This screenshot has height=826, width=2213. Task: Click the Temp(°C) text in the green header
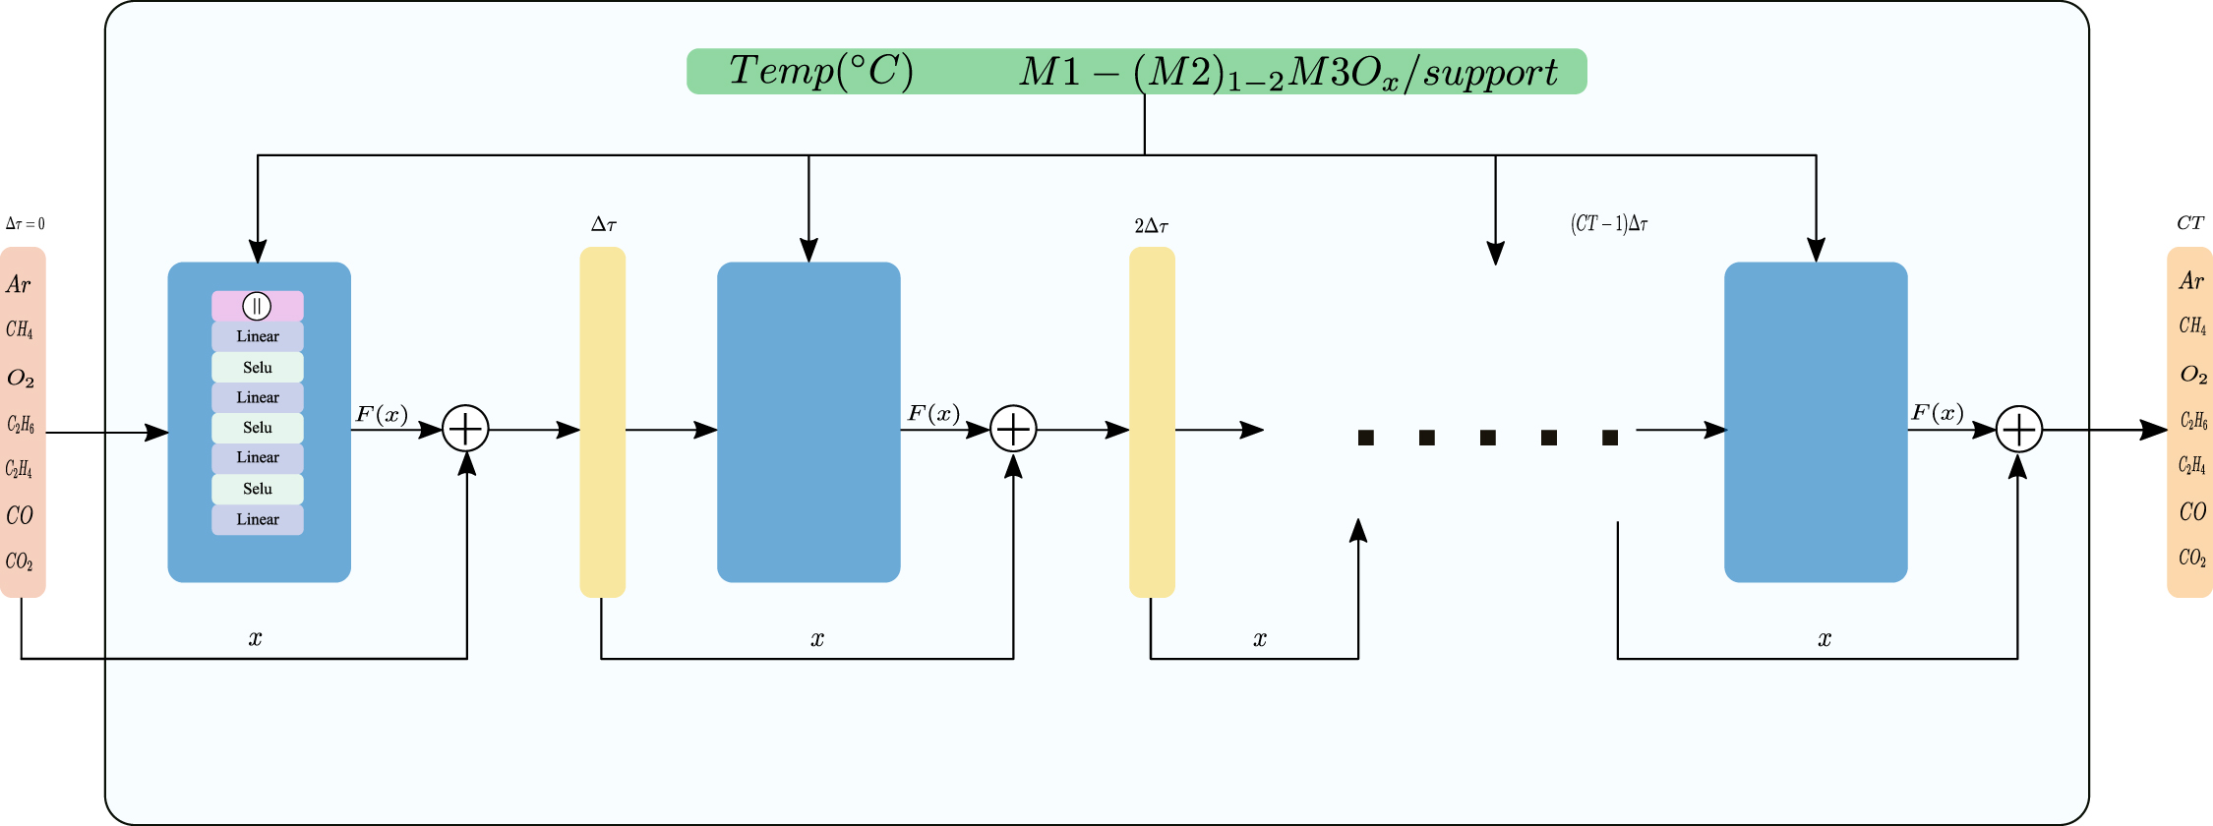tap(820, 71)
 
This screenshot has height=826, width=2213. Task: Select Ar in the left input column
tap(19, 285)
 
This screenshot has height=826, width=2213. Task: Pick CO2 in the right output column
tap(2192, 558)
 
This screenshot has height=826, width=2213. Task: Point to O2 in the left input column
tap(21, 379)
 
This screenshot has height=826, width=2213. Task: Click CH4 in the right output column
tap(2192, 325)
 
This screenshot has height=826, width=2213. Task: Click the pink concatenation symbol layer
tap(257, 306)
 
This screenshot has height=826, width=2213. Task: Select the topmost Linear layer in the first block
tap(258, 336)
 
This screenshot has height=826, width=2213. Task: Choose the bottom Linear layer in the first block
tap(258, 519)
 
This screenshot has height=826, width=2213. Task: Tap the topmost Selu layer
tap(258, 367)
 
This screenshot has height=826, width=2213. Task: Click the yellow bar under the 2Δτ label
tap(1152, 422)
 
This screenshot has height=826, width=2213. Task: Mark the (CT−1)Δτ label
tap(1609, 224)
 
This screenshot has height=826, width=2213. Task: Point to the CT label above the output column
tap(2190, 223)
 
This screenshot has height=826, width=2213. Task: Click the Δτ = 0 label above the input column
tap(25, 224)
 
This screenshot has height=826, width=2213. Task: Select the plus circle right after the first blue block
tap(465, 429)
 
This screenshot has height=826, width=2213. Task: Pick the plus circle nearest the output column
tap(2018, 430)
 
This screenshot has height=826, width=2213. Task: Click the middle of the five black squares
tap(1488, 438)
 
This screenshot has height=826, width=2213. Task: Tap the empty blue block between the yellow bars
tap(808, 422)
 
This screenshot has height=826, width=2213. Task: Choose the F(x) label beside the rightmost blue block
tap(1937, 413)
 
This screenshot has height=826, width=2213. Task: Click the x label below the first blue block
tap(255, 638)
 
